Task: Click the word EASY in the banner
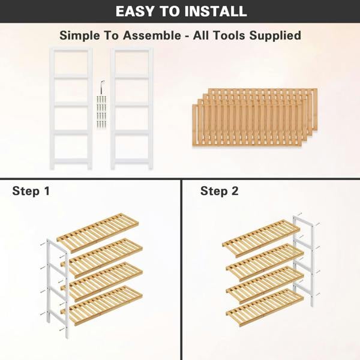[137, 11]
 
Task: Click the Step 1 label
[31, 191]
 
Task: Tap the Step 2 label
[219, 191]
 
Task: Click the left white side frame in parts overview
[71, 108]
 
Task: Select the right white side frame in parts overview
[131, 108]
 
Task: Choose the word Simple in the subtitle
[81, 35]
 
